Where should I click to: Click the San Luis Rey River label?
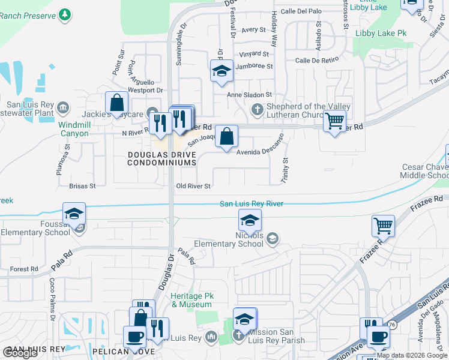click(251, 204)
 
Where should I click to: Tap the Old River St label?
click(193, 186)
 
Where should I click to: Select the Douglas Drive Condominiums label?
click(162, 158)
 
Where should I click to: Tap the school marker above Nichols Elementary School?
click(250, 220)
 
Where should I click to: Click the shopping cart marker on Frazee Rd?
click(383, 226)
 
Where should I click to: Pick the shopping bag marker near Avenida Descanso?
click(227, 136)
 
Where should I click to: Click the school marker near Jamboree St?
click(221, 71)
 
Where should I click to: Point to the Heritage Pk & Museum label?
click(192, 300)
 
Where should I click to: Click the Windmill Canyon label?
click(74, 129)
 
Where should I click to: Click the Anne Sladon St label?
click(249, 95)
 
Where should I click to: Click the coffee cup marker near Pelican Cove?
click(134, 337)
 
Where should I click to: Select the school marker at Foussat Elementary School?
click(74, 214)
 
